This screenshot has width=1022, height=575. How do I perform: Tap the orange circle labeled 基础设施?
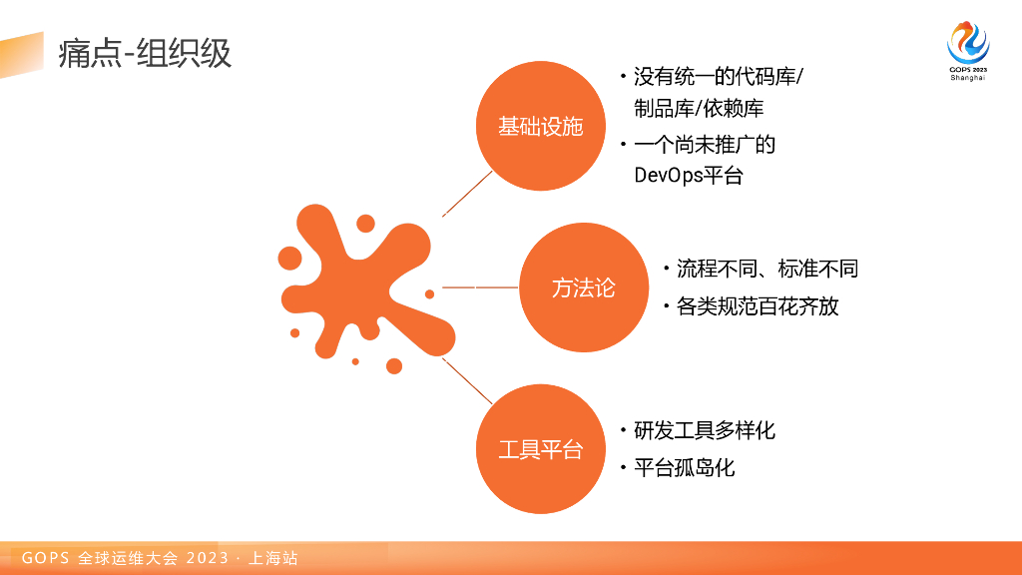540,127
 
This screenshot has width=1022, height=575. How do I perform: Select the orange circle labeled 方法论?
584,287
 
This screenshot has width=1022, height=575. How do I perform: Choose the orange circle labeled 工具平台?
540,449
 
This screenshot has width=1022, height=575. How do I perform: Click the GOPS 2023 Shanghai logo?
967,44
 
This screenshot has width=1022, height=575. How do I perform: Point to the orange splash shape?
359,285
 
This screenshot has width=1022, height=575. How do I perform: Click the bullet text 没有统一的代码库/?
718,77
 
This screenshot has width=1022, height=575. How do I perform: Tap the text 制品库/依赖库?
699,109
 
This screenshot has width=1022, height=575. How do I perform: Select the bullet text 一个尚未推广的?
704,145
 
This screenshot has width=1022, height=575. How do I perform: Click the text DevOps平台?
689,176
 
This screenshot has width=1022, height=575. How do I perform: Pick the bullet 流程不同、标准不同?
766,269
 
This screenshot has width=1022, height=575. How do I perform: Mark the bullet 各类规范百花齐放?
758,306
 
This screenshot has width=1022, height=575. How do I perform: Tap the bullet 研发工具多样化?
704,430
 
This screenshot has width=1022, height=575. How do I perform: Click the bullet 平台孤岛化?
684,467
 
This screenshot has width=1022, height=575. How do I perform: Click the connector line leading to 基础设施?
467,193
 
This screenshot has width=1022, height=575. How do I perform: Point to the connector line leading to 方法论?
479,287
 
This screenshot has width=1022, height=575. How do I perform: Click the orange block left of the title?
22,54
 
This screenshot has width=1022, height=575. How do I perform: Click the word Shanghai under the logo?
967,77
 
